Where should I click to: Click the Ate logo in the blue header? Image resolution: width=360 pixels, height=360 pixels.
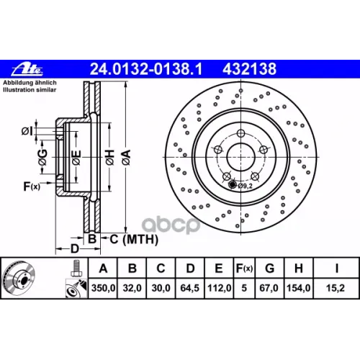pyautogui.click(x=27, y=69)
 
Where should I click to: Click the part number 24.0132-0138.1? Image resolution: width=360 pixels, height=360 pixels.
pyautogui.click(x=146, y=69)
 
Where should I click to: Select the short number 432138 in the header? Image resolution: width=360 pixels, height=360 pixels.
pyautogui.click(x=250, y=69)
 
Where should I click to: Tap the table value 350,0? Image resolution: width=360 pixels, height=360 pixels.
pyautogui.click(x=103, y=288)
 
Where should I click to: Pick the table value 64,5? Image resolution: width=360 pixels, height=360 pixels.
pyautogui.click(x=190, y=288)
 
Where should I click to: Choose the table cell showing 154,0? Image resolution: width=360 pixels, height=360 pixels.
pyautogui.click(x=299, y=288)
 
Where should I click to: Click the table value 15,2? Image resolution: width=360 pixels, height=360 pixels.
pyautogui.click(x=336, y=288)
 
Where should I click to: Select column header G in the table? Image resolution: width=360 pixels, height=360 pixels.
pyautogui.click(x=269, y=269)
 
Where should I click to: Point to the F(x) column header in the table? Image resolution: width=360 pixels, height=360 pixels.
pyautogui.click(x=244, y=269)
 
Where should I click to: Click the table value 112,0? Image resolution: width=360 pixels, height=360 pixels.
pyautogui.click(x=219, y=288)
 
